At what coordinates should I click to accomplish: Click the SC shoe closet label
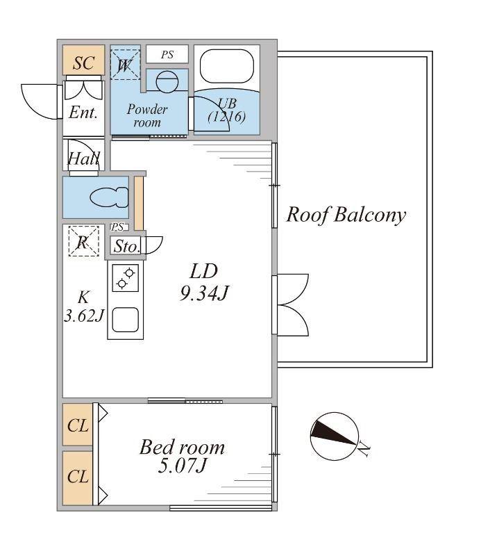(83, 63)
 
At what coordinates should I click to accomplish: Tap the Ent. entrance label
(83, 113)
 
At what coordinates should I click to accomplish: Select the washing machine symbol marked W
(125, 65)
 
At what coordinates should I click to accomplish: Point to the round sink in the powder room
(167, 82)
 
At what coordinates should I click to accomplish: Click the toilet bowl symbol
(109, 197)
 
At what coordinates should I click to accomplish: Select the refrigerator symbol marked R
(83, 241)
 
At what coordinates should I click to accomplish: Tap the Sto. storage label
(127, 247)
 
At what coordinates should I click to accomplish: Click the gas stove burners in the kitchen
(126, 278)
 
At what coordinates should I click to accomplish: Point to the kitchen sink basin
(126, 320)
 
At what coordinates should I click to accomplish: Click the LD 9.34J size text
(204, 283)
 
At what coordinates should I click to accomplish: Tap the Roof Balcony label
(346, 215)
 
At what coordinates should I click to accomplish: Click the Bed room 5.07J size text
(182, 457)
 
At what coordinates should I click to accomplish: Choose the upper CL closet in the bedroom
(78, 425)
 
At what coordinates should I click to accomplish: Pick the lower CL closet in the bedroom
(78, 477)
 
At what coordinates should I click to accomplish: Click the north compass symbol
(335, 436)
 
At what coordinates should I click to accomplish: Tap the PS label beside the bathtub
(167, 55)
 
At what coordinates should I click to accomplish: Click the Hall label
(83, 158)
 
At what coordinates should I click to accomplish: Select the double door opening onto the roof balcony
(290, 304)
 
